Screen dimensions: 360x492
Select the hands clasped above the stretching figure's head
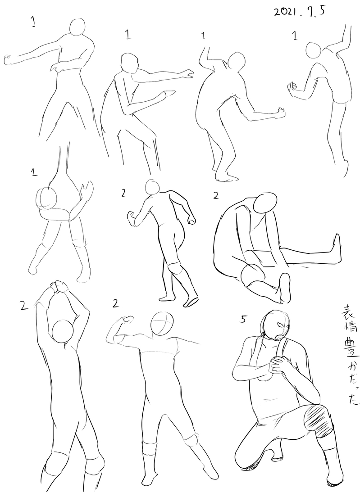[x=59, y=286]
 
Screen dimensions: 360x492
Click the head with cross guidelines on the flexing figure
[x=162, y=324]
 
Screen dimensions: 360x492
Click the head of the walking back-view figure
[x=153, y=187]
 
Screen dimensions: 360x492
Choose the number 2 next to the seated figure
[x=216, y=196]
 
